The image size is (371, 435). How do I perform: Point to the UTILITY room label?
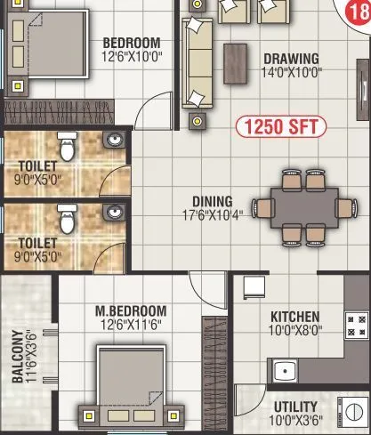pos(297,407)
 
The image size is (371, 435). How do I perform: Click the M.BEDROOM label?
pos(131,310)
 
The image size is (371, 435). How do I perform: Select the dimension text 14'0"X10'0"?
pos(292,72)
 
